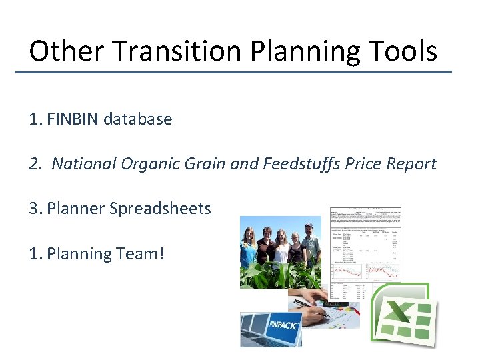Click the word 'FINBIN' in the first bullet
[73, 119]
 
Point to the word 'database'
[137, 119]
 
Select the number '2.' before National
[36, 164]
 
